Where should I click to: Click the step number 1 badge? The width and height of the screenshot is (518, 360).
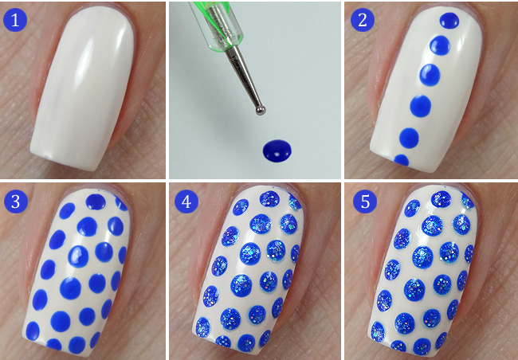[15, 20]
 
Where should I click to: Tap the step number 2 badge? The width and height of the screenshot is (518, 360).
[363, 20]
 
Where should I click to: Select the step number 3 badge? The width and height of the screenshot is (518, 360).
[15, 201]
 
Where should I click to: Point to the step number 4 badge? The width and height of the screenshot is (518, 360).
[186, 201]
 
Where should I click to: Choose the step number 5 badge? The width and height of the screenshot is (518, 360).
[365, 201]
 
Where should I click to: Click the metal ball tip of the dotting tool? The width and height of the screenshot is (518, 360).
[261, 110]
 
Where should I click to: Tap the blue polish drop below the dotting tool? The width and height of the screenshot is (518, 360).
[277, 151]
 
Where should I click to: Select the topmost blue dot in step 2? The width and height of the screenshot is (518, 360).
[449, 21]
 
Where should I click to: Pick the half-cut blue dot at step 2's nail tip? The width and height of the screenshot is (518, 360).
[402, 160]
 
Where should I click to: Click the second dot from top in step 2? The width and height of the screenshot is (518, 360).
[440, 45]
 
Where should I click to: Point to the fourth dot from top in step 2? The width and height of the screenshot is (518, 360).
[421, 106]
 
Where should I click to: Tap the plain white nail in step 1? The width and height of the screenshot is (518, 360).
[83, 88]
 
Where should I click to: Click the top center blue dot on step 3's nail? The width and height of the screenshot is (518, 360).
[96, 202]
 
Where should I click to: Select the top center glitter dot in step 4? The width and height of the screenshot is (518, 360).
[269, 199]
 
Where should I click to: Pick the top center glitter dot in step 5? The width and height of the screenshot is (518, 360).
[441, 199]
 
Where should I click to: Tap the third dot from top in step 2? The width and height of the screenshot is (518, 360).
[430, 74]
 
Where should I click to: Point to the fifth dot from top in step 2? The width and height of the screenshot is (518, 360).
[409, 138]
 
